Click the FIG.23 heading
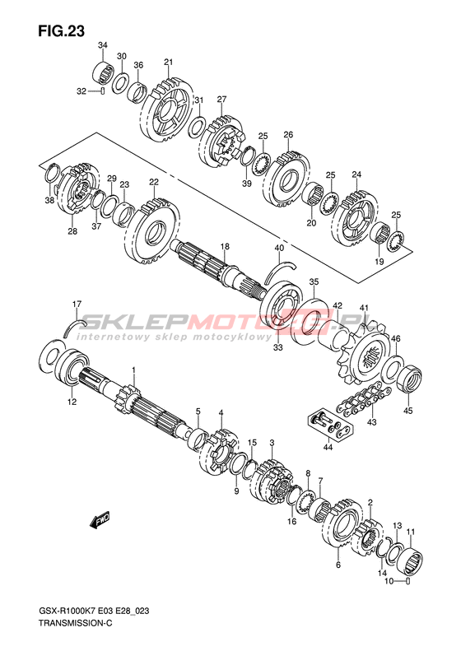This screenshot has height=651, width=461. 61,31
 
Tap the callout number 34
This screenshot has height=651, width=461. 103,45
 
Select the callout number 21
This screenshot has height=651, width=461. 168,63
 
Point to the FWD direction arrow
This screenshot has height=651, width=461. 100,519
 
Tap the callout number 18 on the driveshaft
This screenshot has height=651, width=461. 225,247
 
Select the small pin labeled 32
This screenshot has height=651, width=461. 102,91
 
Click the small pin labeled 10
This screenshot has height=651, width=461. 407,581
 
